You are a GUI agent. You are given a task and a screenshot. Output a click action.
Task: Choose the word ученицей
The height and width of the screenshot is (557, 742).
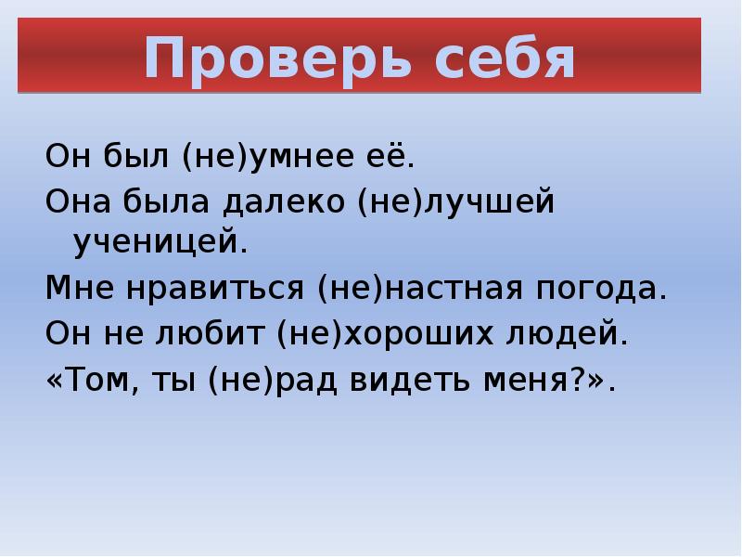[158, 242]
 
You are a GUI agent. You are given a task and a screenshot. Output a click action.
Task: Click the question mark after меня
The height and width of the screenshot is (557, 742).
[571, 378]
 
